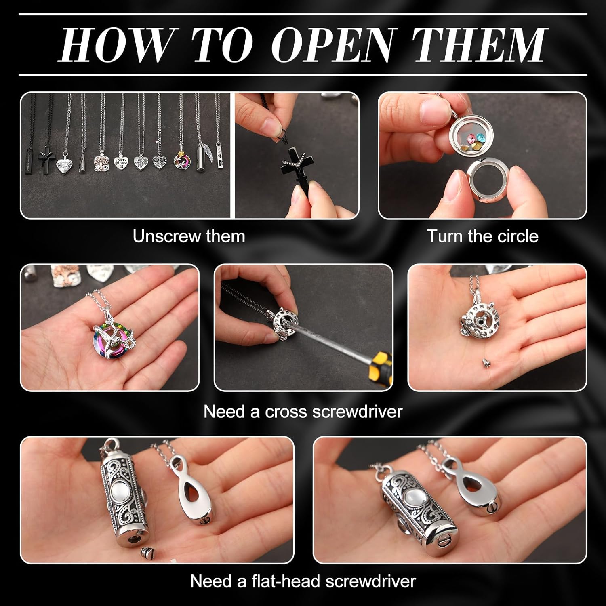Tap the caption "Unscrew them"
[189, 236]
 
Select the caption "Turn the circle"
[482, 236]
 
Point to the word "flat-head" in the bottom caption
[284, 581]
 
